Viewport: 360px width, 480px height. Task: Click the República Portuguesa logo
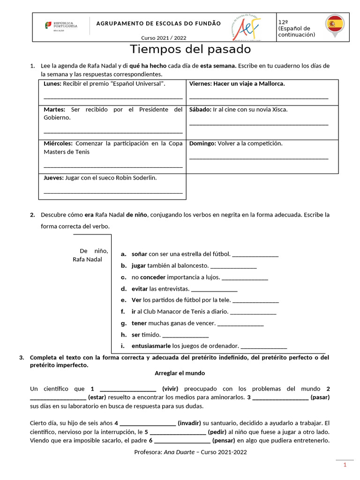click(61, 25)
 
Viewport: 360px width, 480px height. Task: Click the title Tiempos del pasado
click(190, 49)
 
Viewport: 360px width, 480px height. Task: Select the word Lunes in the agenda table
click(52, 84)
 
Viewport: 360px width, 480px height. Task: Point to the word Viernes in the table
click(200, 84)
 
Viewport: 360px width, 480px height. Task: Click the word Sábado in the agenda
click(200, 110)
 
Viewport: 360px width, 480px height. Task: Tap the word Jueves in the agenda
click(53, 178)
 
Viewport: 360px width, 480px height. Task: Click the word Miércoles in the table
click(58, 143)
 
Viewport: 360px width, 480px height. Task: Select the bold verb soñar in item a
click(139, 254)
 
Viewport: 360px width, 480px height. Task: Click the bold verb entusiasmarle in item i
click(151, 346)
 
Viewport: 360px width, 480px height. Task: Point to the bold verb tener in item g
click(139, 323)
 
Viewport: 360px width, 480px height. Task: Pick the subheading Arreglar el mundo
click(180, 373)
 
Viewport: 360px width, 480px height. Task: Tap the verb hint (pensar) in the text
click(225, 441)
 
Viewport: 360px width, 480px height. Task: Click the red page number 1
click(345, 465)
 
